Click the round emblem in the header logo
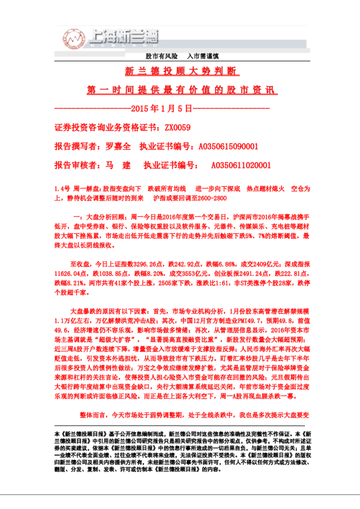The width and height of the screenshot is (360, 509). (73, 39)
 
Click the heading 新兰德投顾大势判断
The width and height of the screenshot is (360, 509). (180, 71)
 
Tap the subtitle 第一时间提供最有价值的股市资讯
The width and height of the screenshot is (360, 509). (180, 90)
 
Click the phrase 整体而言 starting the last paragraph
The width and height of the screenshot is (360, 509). (92, 415)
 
